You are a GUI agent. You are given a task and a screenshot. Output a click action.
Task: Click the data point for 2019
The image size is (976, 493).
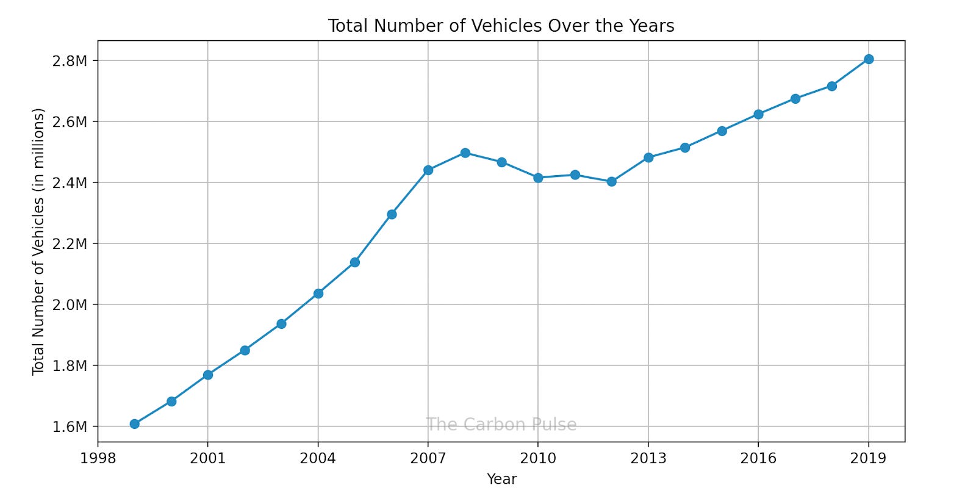coord(868,59)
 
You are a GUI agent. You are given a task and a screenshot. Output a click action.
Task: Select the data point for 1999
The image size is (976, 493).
coord(135,424)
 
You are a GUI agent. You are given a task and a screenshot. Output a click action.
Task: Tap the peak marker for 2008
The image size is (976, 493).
coord(465,153)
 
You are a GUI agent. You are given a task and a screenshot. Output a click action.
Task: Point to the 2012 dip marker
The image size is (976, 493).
coord(611,181)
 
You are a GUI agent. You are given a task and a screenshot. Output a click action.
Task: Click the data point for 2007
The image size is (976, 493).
coord(428,170)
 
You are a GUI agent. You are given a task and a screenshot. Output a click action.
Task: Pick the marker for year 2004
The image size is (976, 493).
coord(318,293)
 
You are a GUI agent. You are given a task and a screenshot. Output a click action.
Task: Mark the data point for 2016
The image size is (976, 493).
coord(758,114)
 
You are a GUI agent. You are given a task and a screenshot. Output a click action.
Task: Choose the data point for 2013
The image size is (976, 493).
coord(648,157)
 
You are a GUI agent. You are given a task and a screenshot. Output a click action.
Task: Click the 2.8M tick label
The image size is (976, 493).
coord(70,60)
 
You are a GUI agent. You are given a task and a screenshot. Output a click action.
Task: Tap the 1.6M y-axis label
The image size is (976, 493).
coord(70,426)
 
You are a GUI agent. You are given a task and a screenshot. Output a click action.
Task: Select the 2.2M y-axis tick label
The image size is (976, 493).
coord(70,243)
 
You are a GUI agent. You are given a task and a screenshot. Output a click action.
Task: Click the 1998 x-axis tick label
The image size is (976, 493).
coord(98,458)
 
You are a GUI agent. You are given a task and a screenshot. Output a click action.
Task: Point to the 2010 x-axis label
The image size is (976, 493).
coord(538,458)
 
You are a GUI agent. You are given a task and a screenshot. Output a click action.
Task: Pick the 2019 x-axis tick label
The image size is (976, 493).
coord(868,458)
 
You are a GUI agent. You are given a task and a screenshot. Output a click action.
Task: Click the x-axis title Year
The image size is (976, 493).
coord(501,479)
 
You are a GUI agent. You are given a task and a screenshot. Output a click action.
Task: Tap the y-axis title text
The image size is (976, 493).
coord(38,242)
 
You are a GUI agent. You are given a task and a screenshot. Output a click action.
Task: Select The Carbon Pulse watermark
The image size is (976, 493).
coord(501,425)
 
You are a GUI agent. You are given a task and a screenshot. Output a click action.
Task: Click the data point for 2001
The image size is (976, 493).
coord(208,375)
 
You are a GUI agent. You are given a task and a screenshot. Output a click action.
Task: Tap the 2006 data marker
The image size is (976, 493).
coord(392,214)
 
